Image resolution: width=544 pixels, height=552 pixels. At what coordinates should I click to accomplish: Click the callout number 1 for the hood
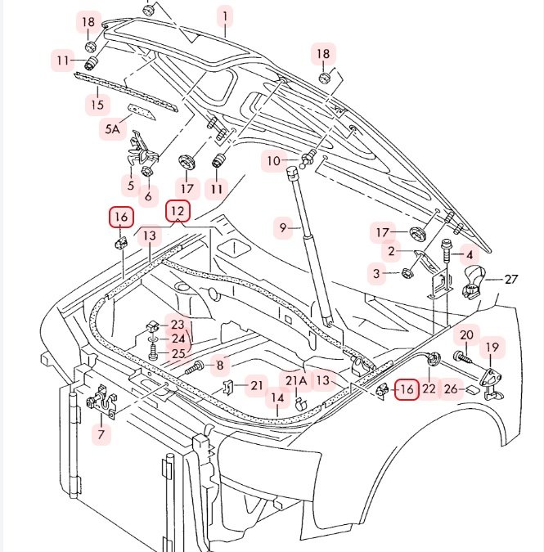225,16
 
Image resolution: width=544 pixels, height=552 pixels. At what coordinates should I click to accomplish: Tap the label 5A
112,128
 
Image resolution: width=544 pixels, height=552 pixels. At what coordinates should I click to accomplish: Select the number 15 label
97,104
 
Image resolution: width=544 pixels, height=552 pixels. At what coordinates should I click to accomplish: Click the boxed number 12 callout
178,211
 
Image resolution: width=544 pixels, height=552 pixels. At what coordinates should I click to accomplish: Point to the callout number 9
284,228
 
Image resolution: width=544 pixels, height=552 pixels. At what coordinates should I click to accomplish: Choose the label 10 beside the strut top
273,161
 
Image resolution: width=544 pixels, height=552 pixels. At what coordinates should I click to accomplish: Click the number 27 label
511,279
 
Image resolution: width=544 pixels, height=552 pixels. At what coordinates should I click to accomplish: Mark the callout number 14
278,398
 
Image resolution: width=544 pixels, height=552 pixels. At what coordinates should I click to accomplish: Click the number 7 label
101,434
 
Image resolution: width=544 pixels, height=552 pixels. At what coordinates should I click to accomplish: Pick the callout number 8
219,365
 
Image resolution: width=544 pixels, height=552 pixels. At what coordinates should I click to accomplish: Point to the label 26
449,388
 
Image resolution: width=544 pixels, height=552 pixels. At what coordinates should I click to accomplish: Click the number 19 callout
492,348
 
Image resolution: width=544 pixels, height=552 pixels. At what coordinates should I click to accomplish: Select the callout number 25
178,353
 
